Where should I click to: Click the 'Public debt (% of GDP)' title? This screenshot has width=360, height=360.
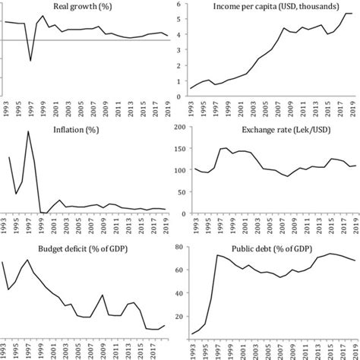267,247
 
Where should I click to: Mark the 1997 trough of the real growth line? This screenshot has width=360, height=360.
30,61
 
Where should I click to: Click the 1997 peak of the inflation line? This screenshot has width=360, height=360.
29,132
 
